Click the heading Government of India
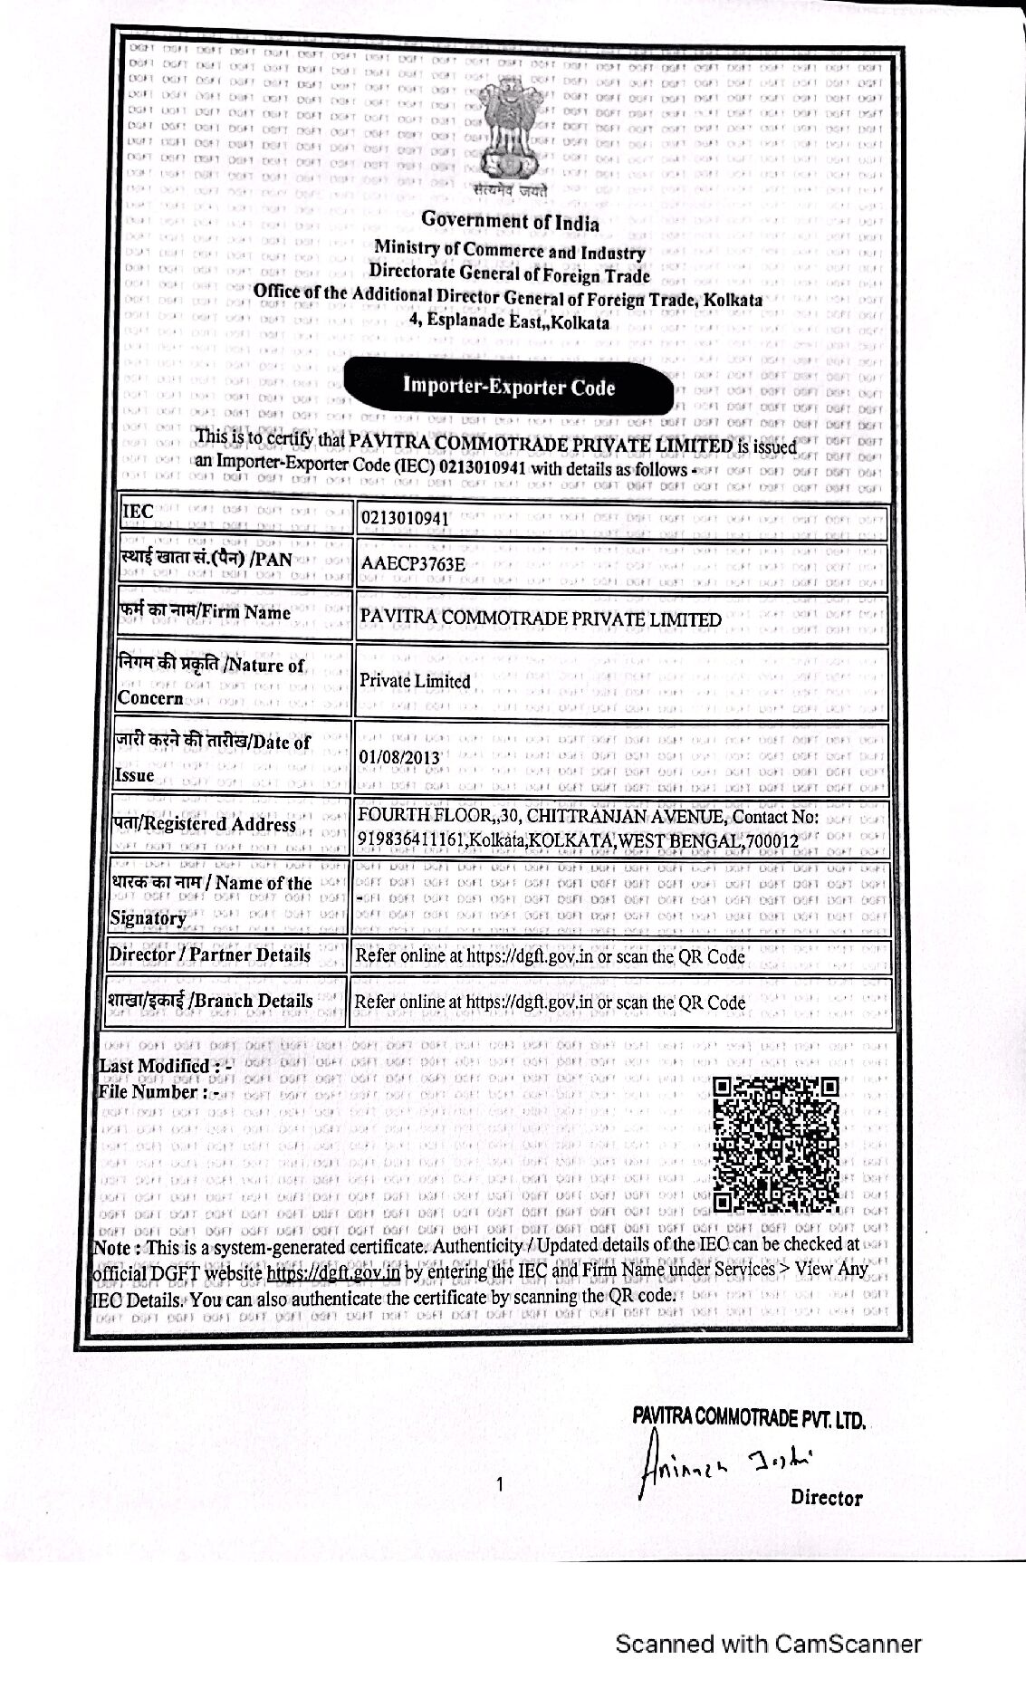[510, 221]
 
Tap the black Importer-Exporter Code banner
[509, 387]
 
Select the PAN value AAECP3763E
[413, 563]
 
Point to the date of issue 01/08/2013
[399, 756]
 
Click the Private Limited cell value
[415, 681]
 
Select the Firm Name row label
[205, 613]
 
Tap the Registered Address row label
[204, 824]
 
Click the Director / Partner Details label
[210, 954]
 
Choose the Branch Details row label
[210, 1001]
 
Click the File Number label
[158, 1092]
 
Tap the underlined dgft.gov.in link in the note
[333, 1271]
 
